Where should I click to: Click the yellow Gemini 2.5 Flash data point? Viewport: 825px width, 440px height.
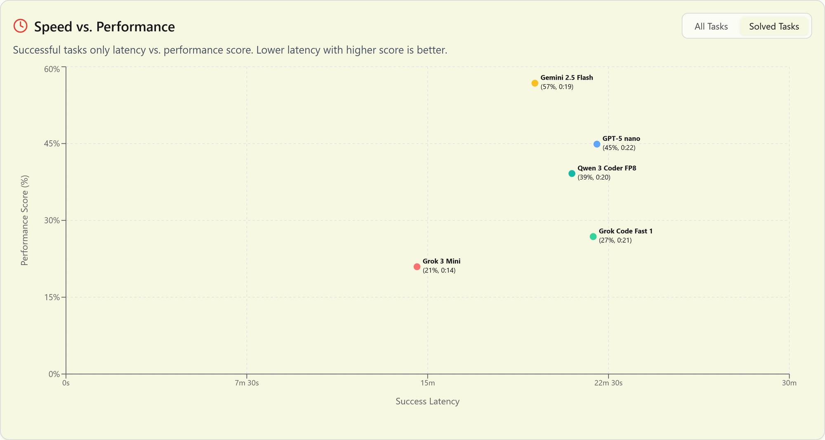(x=535, y=83)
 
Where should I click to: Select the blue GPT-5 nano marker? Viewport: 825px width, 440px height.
(x=596, y=144)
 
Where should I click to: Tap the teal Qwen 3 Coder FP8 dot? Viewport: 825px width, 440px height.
(x=572, y=173)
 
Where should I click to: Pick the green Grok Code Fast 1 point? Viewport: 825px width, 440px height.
(x=593, y=237)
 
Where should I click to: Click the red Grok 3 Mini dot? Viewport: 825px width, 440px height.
(x=417, y=267)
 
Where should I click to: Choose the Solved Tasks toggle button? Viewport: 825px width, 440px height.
(x=774, y=26)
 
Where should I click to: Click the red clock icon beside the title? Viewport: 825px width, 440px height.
(x=20, y=26)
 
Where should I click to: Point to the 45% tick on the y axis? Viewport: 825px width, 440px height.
(x=52, y=144)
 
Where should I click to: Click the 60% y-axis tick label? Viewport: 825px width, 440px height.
(x=52, y=69)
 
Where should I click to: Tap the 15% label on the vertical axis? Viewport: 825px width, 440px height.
(x=52, y=297)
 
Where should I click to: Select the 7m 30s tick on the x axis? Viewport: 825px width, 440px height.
(x=247, y=383)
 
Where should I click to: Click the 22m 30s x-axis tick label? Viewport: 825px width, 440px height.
(x=608, y=383)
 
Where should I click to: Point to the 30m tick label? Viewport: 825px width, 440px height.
(x=789, y=383)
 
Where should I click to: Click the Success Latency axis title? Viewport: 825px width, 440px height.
(x=427, y=401)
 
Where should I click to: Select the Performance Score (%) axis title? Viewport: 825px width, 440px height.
(x=25, y=220)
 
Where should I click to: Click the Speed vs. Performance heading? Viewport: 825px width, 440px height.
(x=104, y=27)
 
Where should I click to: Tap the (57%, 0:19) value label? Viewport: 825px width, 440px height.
(x=557, y=87)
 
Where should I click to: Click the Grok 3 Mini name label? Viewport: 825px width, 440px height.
(x=441, y=261)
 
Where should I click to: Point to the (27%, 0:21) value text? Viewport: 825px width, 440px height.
(x=615, y=240)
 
